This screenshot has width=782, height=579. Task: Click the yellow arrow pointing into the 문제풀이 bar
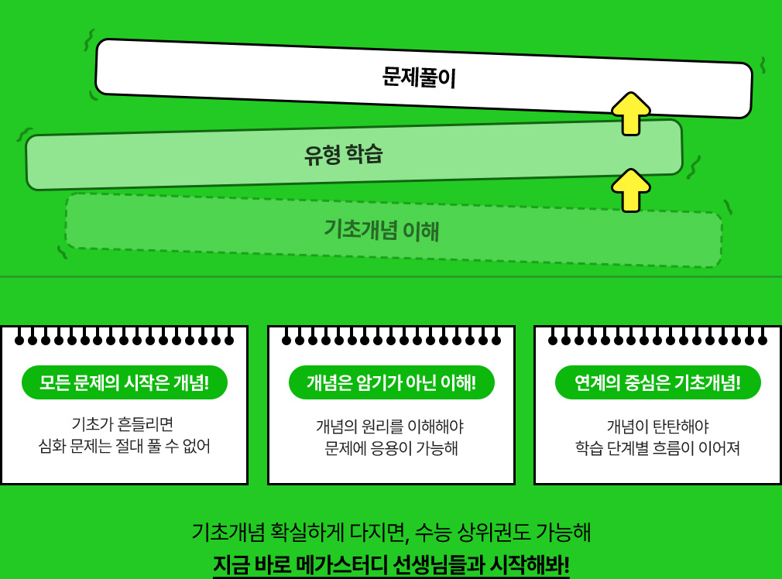click(631, 113)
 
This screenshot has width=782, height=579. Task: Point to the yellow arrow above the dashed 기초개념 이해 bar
click(631, 190)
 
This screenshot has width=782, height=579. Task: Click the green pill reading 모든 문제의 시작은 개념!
click(125, 382)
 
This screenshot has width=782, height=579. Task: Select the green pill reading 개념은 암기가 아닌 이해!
click(391, 382)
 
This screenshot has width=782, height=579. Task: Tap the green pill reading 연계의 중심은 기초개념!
click(657, 382)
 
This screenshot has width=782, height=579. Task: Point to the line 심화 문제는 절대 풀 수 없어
click(125, 447)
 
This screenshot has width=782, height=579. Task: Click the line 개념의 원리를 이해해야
click(389, 427)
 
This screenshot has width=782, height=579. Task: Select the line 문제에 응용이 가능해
click(391, 448)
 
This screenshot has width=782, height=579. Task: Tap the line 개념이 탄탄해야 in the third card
click(657, 427)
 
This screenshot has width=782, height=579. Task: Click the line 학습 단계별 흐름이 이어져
click(657, 448)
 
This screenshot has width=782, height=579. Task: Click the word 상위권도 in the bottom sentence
click(499, 533)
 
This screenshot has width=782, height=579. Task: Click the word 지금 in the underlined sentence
click(231, 564)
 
